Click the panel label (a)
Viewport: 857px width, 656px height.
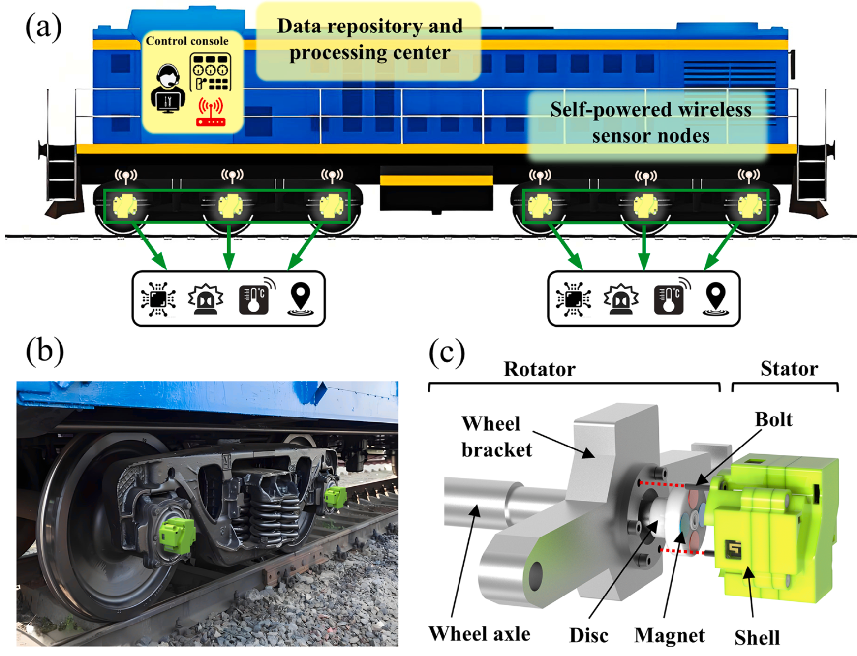click(43, 27)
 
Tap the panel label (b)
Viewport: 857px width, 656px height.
click(45, 351)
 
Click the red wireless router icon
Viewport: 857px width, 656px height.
click(211, 113)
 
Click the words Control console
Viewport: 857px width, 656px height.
click(187, 41)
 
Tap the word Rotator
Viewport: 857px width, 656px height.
click(539, 369)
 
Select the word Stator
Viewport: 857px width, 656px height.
click(789, 368)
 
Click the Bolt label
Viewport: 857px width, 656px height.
click(773, 419)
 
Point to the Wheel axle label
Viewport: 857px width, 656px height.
click(479, 634)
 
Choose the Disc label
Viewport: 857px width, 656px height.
click(588, 635)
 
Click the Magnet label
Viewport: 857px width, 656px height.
click(669, 635)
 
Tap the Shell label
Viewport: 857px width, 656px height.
click(757, 638)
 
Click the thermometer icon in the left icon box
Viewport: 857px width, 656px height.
click(254, 298)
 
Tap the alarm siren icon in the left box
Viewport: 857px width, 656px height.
click(206, 298)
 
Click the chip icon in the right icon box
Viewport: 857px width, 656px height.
click(573, 298)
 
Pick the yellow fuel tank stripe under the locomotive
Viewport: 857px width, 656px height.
click(436, 180)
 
